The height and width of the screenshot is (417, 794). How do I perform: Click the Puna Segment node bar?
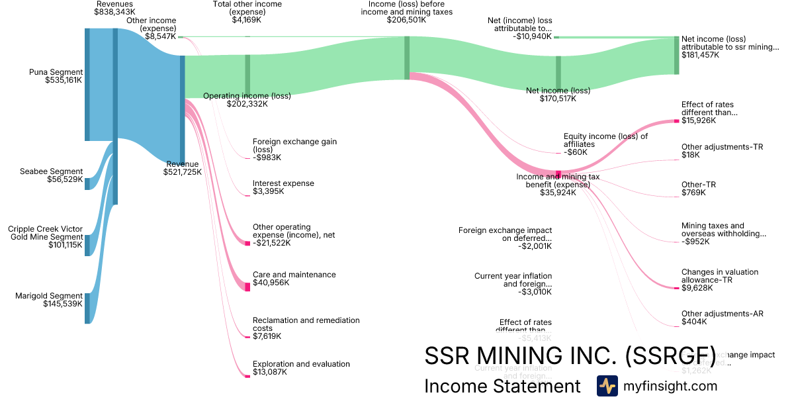coord(87,84)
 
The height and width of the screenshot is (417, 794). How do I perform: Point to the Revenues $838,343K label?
coord(114,8)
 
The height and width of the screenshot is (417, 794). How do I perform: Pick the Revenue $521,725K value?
coord(183,172)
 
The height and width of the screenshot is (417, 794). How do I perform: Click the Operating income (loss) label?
coord(247,96)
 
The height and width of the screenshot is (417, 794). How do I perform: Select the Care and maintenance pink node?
coord(247,287)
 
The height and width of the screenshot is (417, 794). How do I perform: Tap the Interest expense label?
coord(283,183)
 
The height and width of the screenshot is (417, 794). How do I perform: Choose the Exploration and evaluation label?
coord(301,364)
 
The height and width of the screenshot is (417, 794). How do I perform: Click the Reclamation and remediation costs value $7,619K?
coord(267,336)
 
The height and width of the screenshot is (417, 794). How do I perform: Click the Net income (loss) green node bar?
coord(558,72)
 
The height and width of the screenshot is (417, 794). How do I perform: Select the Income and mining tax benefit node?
coord(558,175)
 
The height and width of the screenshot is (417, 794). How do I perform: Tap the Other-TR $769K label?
coord(698,185)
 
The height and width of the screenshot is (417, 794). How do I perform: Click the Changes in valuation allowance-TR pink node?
coord(676,288)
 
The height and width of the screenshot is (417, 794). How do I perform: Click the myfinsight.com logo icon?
coord(607,386)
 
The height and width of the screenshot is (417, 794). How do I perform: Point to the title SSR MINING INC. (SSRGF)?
coord(570,355)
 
